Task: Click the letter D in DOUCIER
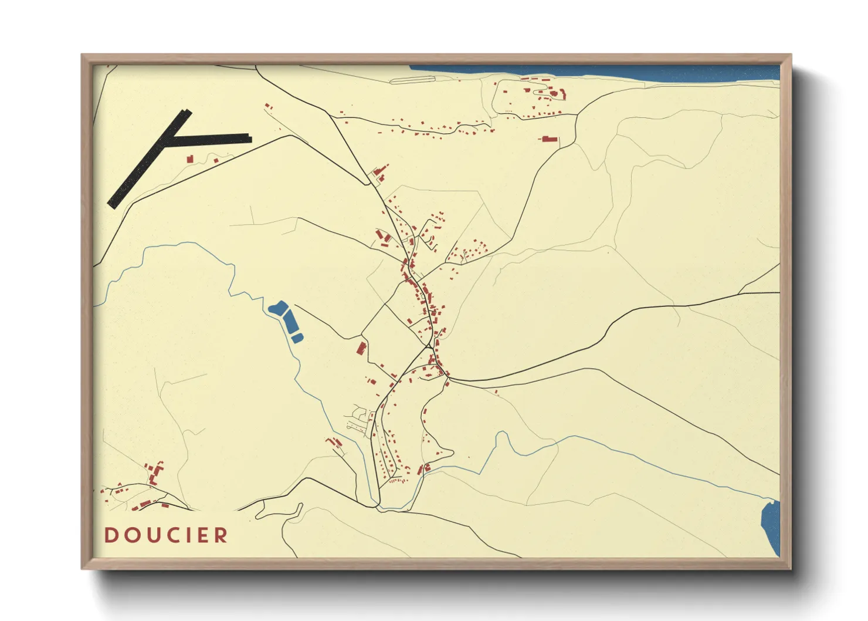coord(111,535)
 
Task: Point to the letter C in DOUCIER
coord(174,535)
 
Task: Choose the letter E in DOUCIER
coord(204,535)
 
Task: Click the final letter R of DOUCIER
coord(221,535)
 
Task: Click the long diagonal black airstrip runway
coord(147,161)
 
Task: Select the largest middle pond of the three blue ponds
coord(290,322)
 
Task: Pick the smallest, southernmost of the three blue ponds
coord(297,338)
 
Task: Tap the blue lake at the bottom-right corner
coord(770,525)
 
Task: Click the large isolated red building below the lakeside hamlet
coord(549,140)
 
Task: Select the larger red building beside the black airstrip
coord(190,159)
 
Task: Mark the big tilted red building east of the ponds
coord(361,348)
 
